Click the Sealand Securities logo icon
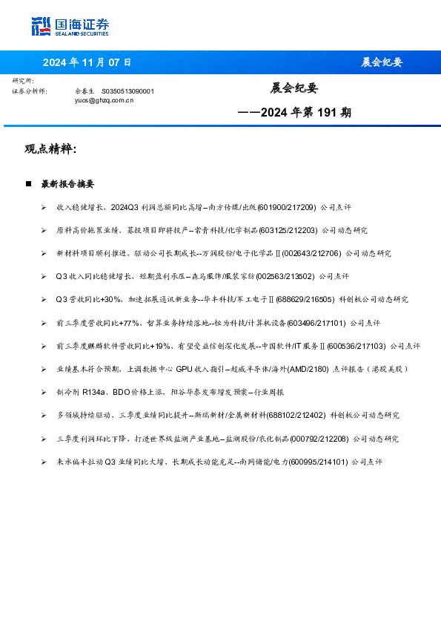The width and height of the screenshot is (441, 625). click(x=41, y=26)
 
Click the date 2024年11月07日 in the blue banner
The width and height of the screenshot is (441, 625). click(x=87, y=62)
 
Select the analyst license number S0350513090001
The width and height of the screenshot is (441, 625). click(x=127, y=91)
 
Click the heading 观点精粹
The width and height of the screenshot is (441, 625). click(x=50, y=149)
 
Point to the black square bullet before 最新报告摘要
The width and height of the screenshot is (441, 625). click(x=28, y=183)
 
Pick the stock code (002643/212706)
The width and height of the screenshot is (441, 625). click(x=311, y=253)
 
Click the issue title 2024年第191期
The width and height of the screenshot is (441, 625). click(x=295, y=113)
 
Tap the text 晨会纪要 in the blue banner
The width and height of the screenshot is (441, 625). click(x=382, y=62)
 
